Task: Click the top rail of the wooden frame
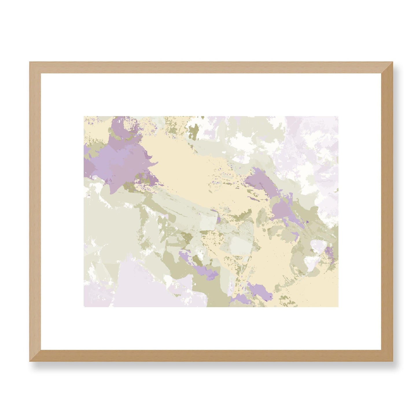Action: (211, 68)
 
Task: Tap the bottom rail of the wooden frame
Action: (211, 356)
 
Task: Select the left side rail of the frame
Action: (35, 211)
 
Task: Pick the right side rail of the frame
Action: (387, 211)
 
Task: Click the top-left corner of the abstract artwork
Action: (84, 117)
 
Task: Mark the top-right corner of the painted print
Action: (338, 117)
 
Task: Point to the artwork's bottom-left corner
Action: (84, 307)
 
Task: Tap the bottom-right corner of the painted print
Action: (338, 307)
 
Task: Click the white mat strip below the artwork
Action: (211, 328)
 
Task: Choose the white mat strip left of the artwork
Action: (62, 211)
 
